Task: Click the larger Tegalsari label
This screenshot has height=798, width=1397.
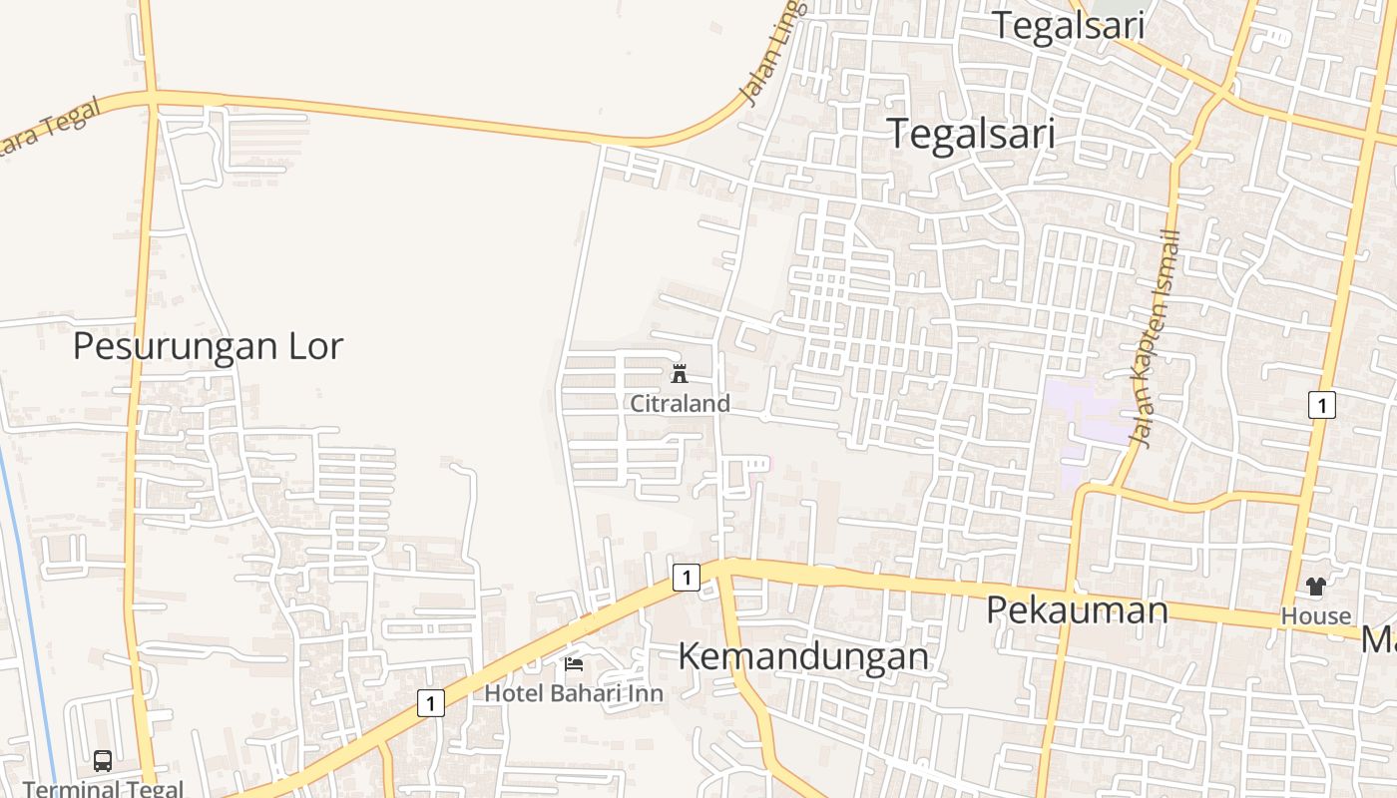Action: [x=970, y=133]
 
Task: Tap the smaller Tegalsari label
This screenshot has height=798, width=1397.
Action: [x=1068, y=26]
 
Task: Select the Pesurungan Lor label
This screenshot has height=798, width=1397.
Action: [x=208, y=346]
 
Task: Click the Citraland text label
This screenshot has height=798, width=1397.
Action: [x=680, y=403]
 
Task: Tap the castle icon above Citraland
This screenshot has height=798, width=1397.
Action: [x=680, y=374]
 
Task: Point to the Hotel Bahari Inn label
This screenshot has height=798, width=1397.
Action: [x=574, y=692]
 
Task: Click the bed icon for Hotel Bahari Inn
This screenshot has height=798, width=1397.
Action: [x=574, y=663]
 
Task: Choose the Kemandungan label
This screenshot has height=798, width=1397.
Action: [x=803, y=656]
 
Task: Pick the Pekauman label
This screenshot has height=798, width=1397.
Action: [x=1077, y=609]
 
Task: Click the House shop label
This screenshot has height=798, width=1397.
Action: [x=1316, y=615]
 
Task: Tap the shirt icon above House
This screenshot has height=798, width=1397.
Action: [x=1316, y=587]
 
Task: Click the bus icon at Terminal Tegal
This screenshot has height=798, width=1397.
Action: [x=103, y=761]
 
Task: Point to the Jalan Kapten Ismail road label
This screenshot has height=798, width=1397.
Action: [x=1157, y=339]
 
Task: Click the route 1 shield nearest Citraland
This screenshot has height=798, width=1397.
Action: [x=686, y=577]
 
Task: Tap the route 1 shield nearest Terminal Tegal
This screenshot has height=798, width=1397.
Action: [x=430, y=703]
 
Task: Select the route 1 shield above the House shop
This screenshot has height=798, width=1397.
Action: [x=1321, y=405]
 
